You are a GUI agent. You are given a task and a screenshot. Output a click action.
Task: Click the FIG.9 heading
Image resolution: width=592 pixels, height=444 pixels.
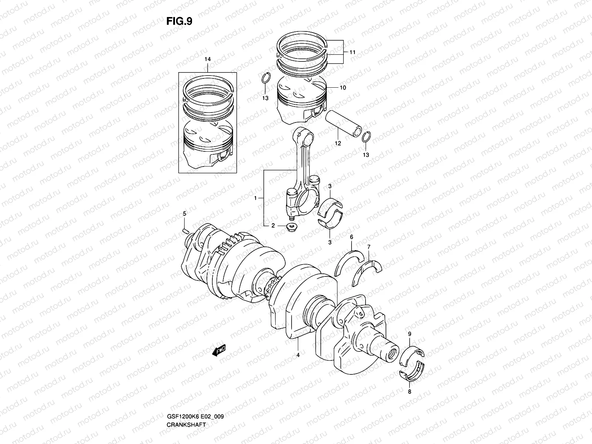(x=179, y=21)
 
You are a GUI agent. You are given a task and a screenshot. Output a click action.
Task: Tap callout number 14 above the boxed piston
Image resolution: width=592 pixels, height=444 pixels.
(x=207, y=59)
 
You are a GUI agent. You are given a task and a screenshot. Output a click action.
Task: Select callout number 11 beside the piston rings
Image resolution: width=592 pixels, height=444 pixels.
(x=352, y=53)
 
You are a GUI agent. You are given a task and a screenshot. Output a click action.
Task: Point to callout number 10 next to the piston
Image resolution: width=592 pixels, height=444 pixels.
(x=343, y=88)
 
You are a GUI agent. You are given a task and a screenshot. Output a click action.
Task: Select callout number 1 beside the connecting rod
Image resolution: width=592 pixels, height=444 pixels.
(x=255, y=198)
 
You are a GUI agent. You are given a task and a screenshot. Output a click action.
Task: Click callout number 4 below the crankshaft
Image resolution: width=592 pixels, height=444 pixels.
(x=298, y=355)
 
